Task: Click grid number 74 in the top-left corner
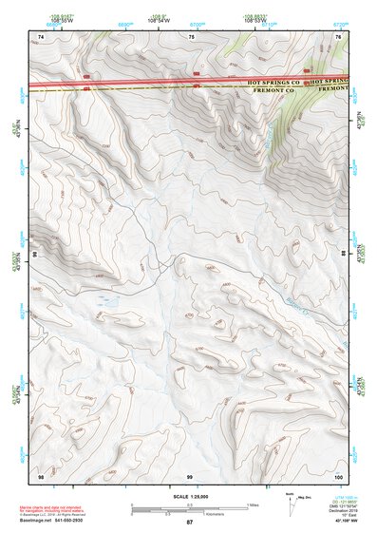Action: point(41,36)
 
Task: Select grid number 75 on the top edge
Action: point(191,36)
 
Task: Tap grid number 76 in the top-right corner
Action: point(338,36)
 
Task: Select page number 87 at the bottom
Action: point(189,523)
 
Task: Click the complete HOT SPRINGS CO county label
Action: point(273,83)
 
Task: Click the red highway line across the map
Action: point(142,83)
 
